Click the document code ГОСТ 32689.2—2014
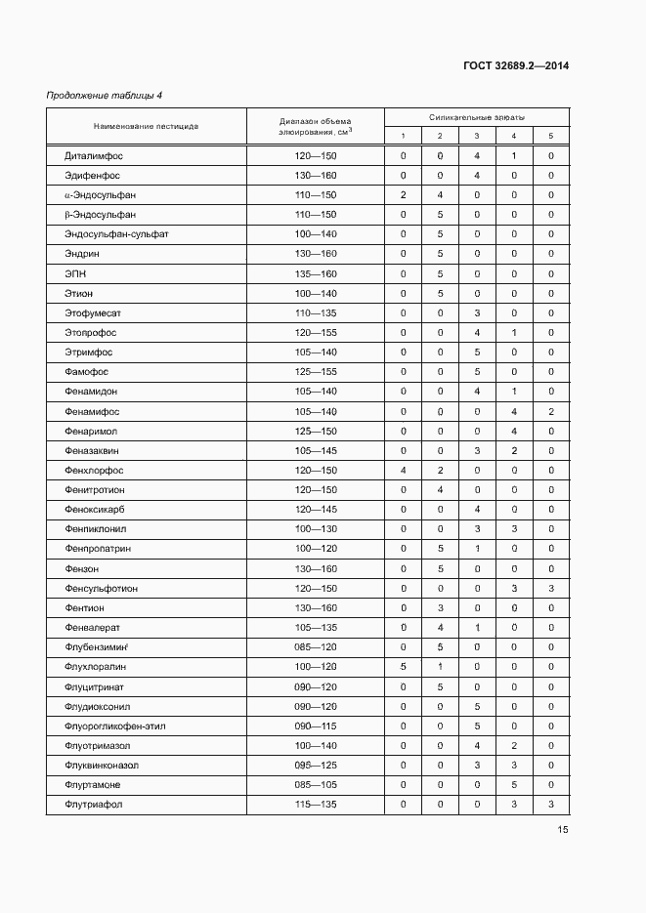tap(515, 66)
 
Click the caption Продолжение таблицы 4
tap(105, 95)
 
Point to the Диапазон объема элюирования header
tap(315, 126)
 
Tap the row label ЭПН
tap(76, 273)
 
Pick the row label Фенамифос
tap(93, 411)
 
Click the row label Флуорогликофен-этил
tap(114, 726)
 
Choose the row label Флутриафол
tap(93, 805)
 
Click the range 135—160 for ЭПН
tap(315, 273)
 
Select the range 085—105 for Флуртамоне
tap(315, 785)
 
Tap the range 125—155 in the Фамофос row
tap(315, 372)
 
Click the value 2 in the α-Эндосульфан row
tap(403, 195)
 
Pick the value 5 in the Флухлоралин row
tap(403, 667)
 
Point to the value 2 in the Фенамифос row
tap(550, 411)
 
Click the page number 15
tap(563, 830)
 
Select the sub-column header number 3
tap(476, 136)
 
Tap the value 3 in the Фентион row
tap(440, 607)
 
